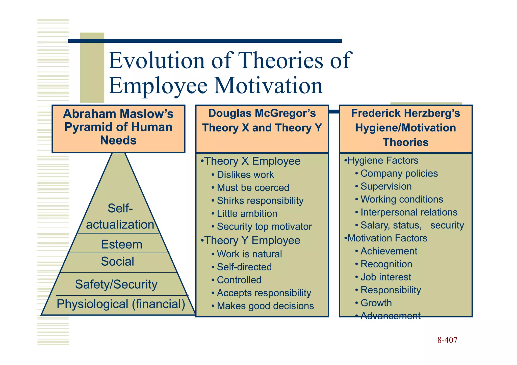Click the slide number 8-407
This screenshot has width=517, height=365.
click(447, 340)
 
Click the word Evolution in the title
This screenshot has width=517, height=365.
click(157, 61)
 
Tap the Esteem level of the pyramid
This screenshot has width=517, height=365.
click(121, 244)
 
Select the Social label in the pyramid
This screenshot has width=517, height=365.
click(117, 261)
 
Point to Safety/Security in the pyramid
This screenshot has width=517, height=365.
click(116, 284)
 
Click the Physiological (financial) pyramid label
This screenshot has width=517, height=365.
click(121, 304)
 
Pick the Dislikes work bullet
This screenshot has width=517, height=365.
click(245, 175)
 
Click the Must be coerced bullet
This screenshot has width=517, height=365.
click(253, 188)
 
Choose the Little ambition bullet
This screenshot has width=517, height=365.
click(247, 214)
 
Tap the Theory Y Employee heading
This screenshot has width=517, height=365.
click(252, 240)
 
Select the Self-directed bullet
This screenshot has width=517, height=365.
click(244, 267)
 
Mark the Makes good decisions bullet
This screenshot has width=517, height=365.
click(265, 306)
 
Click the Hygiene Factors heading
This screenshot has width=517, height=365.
click(383, 160)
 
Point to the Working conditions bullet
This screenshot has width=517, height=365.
click(402, 199)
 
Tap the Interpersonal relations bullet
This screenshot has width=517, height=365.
click(409, 212)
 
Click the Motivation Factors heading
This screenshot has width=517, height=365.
click(387, 238)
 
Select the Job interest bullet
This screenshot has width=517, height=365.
click(386, 277)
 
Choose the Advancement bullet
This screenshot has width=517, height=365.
click(390, 316)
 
